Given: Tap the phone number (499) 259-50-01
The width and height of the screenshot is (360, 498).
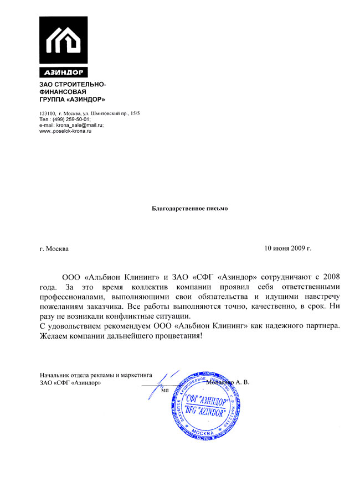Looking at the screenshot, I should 71,119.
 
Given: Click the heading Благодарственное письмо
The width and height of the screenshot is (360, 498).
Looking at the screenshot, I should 190,209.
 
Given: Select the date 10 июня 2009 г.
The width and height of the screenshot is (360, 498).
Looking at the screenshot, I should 288,248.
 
